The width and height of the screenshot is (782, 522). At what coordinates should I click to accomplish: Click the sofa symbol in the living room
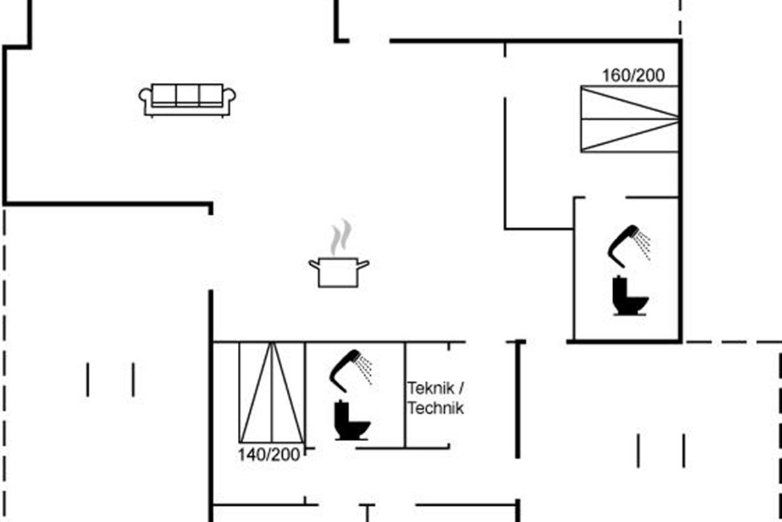[x=187, y=100]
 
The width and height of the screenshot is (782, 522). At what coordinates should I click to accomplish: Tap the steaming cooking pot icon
[x=339, y=253]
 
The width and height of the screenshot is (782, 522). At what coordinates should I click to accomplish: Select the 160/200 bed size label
[x=633, y=76]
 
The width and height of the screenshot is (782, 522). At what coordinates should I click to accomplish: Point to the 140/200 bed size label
[x=268, y=455]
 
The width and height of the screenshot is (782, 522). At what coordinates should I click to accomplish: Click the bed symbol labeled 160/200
[x=630, y=119]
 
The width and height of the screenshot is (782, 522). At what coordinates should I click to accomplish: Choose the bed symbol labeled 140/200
[x=272, y=393]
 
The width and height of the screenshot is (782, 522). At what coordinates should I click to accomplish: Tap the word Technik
[x=436, y=408]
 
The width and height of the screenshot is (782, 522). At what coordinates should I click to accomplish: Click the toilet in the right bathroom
[x=630, y=296]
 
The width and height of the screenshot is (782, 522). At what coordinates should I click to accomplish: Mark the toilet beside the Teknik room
[x=351, y=421]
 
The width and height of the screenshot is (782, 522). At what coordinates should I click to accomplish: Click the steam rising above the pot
[x=341, y=237]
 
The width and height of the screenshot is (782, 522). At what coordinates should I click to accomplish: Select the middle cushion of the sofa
[x=188, y=95]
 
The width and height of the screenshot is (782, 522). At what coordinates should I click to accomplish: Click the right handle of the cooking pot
[x=364, y=264]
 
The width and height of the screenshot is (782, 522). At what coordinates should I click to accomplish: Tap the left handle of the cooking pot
[x=314, y=264]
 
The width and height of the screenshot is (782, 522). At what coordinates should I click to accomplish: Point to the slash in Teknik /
[x=461, y=388]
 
